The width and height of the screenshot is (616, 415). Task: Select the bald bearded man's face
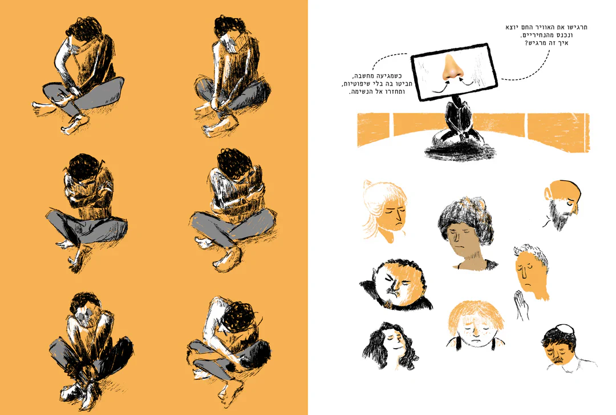click(562, 204)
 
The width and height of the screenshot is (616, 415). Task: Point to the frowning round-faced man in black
click(396, 284)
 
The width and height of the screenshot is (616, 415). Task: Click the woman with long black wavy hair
click(391, 345)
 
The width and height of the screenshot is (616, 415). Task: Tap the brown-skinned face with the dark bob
click(465, 235)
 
